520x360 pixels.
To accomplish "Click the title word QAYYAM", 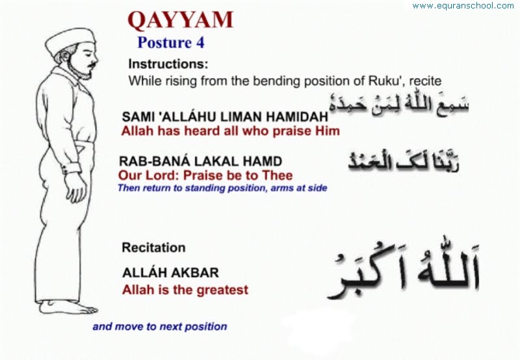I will (180, 20).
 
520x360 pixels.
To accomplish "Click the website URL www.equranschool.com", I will (463, 6).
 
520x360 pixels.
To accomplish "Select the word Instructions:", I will (168, 64).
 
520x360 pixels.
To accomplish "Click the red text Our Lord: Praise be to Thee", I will (205, 175).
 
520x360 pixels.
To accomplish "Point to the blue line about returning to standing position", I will (222, 188).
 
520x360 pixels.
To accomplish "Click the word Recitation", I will (153, 248).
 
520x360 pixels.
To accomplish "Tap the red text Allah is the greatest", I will (185, 290).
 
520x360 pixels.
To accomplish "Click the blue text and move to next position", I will (159, 326).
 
